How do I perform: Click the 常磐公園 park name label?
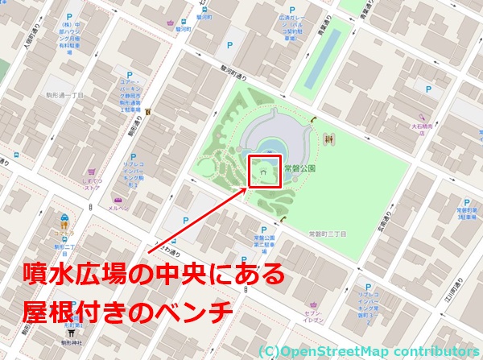tap(299, 169)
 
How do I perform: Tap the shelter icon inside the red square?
tap(262, 171)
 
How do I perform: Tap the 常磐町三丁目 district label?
tap(327, 234)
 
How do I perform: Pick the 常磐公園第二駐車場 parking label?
tap(264, 244)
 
